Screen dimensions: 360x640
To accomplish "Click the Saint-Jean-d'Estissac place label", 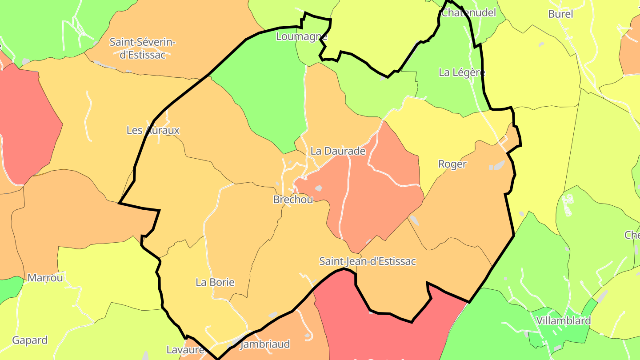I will [x=368, y=261].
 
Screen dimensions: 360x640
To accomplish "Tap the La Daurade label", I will [x=338, y=151].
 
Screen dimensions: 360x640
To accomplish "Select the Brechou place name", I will [x=293, y=200].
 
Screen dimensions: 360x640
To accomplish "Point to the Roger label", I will [x=452, y=164].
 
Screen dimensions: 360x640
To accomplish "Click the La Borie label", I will [x=215, y=282].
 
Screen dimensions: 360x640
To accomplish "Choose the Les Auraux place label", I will [x=153, y=130].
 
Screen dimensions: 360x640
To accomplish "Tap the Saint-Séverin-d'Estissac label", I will [x=143, y=48].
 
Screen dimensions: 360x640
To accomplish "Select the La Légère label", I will [x=462, y=72].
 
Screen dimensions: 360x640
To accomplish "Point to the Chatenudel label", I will [x=468, y=12].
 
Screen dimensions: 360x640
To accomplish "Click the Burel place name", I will [x=560, y=14].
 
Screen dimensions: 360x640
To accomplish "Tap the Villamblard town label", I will [x=563, y=320].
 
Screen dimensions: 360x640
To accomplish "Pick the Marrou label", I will [x=45, y=278].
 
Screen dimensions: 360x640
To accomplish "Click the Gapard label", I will [x=30, y=340].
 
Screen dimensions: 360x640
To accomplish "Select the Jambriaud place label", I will [x=265, y=344].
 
